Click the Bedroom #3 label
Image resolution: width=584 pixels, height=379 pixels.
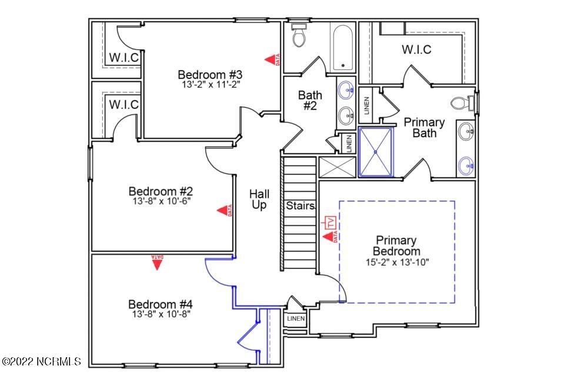[x=211, y=75]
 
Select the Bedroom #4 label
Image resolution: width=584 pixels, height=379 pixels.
[x=161, y=304]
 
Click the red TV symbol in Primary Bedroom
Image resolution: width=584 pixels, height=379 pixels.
[x=330, y=223]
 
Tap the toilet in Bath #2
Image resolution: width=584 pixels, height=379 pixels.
[x=298, y=36]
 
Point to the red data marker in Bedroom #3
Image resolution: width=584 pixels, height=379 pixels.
[x=272, y=59]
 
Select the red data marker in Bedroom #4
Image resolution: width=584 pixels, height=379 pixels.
[x=156, y=262]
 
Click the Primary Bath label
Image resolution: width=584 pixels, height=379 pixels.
[x=424, y=127]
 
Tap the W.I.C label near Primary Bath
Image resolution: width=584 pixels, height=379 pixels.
[x=416, y=49]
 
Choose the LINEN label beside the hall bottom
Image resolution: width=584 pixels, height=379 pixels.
[x=296, y=319]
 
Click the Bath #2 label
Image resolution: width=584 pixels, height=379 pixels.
[x=310, y=100]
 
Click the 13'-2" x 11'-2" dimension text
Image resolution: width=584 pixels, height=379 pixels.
[x=211, y=85]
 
